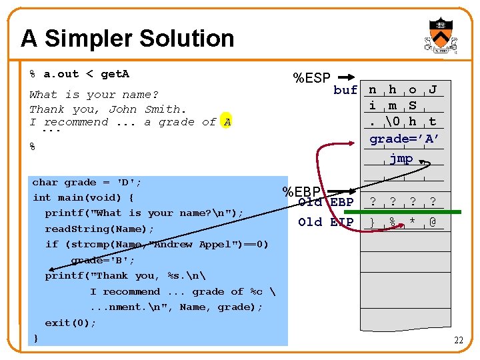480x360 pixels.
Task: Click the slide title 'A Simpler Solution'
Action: (x=127, y=39)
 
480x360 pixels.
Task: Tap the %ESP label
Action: (x=312, y=79)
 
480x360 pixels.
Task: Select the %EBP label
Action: (x=301, y=192)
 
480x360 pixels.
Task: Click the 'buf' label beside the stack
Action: (x=345, y=90)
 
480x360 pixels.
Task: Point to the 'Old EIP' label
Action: (x=326, y=222)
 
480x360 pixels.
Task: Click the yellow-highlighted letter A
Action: (x=227, y=122)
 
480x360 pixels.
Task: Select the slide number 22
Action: (x=458, y=341)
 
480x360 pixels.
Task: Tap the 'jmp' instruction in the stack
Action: (x=401, y=159)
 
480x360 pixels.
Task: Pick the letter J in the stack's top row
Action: (x=433, y=90)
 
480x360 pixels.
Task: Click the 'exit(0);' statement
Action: (x=71, y=323)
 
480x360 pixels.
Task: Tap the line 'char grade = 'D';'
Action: (x=87, y=182)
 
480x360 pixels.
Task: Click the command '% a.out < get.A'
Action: (x=79, y=74)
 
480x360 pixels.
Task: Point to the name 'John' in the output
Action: (x=123, y=109)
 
